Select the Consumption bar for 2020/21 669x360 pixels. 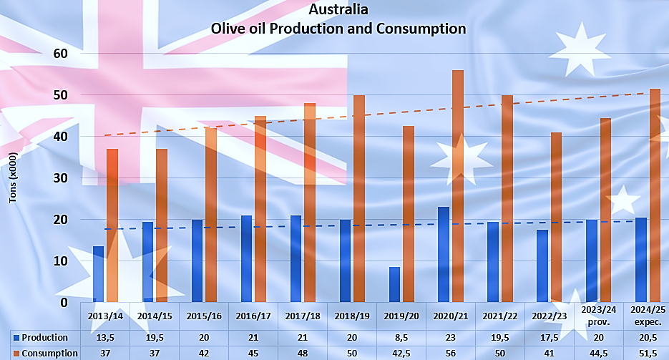pos(458,186)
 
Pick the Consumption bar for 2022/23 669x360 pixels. pos(557,217)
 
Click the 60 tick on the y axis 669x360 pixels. pos(60,54)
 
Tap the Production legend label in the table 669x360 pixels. pos(44,337)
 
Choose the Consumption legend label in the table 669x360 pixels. pos(49,353)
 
